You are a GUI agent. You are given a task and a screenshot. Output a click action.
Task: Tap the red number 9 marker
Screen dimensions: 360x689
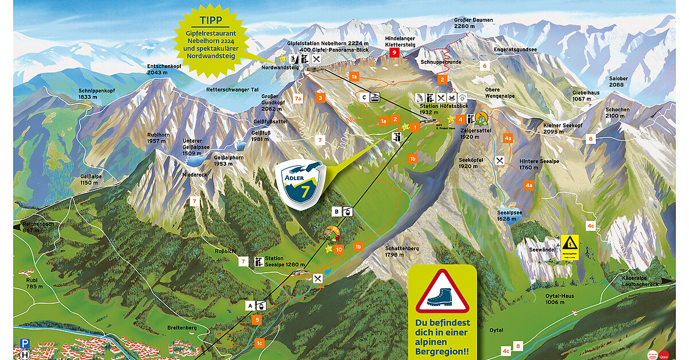pos(394,52)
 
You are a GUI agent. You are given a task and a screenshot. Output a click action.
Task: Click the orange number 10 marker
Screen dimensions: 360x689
pos(339,250)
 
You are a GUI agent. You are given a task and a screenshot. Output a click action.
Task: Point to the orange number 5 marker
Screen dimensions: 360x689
pos(258,319)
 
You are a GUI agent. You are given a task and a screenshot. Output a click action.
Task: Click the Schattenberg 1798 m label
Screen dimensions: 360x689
pos(402,251)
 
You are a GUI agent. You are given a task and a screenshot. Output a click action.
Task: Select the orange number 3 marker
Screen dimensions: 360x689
pos(320,98)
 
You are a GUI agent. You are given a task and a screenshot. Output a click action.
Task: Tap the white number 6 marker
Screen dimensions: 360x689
pos(485,66)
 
